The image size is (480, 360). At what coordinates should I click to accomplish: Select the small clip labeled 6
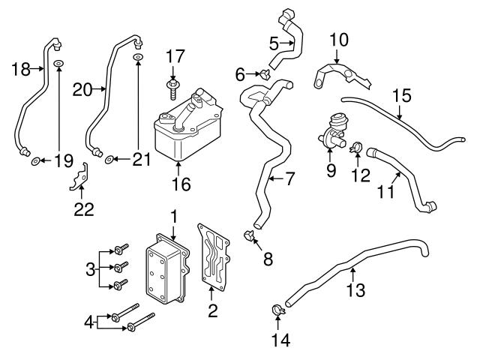pos(265,73)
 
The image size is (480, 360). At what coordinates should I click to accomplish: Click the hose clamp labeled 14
pos(277,308)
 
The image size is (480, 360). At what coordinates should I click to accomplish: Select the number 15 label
pos(401,96)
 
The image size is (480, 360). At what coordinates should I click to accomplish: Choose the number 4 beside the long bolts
pos(88,323)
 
